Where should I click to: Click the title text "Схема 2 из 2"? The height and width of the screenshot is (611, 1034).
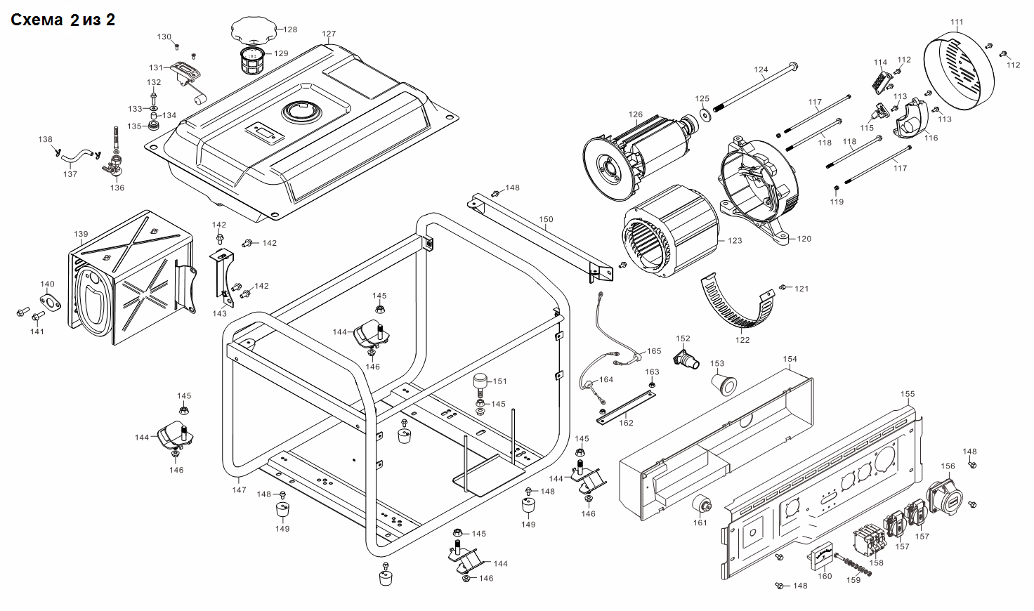pyautogui.click(x=63, y=20)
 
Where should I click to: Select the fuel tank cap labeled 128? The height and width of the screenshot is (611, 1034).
pyautogui.click(x=253, y=30)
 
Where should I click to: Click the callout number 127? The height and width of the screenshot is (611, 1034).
pyautogui.click(x=329, y=34)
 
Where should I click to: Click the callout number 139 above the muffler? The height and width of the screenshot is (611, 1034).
pyautogui.click(x=81, y=234)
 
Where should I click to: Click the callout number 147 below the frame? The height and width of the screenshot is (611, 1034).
pyautogui.click(x=239, y=490)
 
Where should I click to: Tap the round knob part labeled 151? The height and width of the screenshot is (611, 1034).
pyautogui.click(x=480, y=385)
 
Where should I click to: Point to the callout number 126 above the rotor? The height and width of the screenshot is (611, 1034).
pyautogui.click(x=636, y=114)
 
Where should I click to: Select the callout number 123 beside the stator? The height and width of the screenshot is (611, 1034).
pyautogui.click(x=735, y=240)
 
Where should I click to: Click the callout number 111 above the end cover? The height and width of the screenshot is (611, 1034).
pyautogui.click(x=957, y=22)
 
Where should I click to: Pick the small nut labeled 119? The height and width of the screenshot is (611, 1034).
pyautogui.click(x=837, y=188)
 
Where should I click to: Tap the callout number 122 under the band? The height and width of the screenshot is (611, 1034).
pyautogui.click(x=742, y=340)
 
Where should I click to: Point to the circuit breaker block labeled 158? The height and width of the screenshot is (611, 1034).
pyautogui.click(x=869, y=541)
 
